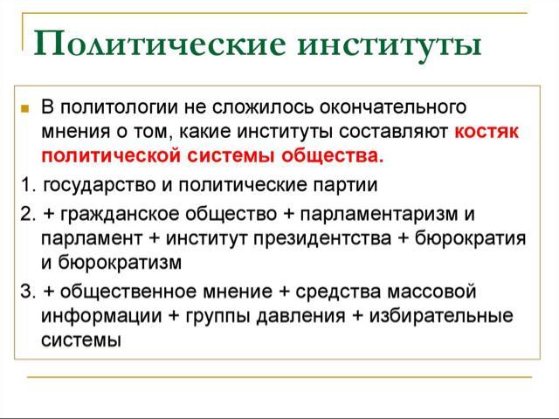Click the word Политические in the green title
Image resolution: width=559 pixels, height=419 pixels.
pos(160,44)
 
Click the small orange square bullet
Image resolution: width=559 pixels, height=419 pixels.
pos(24,108)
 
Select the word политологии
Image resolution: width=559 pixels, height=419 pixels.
pos(119,106)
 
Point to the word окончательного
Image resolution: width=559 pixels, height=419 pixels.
pos(392,106)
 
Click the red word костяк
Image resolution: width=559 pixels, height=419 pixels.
pos(487,132)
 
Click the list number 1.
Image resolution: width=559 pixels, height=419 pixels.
pos(28,185)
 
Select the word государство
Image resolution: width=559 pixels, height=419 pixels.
pos(100,185)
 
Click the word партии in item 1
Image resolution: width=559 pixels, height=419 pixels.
pos(345,185)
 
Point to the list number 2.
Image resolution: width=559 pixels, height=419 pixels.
pos(28,214)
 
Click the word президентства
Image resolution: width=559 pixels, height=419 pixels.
pos(322,238)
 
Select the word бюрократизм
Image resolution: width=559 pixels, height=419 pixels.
pos(120,263)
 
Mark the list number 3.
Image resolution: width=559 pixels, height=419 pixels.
pos(28,292)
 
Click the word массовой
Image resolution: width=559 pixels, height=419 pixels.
pos(431,292)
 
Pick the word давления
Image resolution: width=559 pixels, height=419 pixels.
pos(300,316)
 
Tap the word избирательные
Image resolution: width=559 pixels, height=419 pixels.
pos(440,316)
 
